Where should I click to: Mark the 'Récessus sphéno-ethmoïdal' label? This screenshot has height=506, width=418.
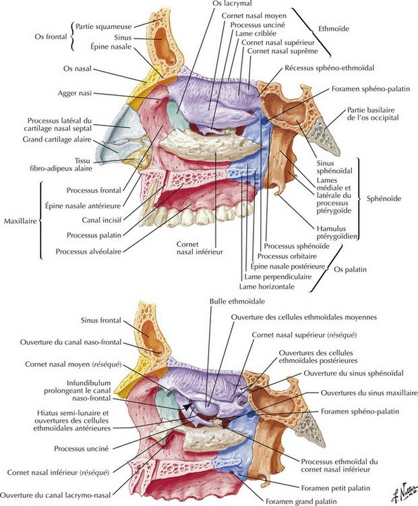pyautogui.click(x=324, y=67)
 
